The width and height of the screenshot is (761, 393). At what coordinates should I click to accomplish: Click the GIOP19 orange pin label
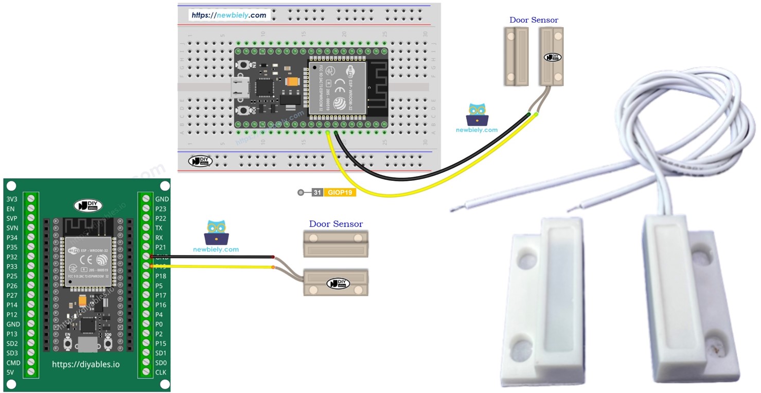click(x=340, y=193)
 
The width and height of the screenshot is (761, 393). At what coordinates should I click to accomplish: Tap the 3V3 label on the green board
click(x=12, y=199)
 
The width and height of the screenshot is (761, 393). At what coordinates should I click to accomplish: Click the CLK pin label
click(x=161, y=372)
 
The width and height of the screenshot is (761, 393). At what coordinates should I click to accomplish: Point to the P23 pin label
click(x=161, y=209)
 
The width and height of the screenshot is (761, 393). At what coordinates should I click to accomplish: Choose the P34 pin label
click(x=12, y=237)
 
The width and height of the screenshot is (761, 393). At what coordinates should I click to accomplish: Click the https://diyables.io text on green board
click(x=86, y=364)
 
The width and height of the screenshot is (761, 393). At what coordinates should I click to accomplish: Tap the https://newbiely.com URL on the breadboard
click(x=229, y=15)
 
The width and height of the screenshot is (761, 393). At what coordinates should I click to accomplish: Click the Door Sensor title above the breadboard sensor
click(x=534, y=20)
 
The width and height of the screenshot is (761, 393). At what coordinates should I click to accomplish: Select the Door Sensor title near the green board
click(x=335, y=224)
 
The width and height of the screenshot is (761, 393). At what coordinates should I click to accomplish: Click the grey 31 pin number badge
click(x=317, y=193)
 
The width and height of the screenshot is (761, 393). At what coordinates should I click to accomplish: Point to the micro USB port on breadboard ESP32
click(x=240, y=88)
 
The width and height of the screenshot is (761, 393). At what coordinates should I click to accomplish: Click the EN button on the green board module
click(x=67, y=342)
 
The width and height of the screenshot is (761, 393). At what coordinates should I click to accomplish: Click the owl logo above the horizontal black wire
click(x=216, y=232)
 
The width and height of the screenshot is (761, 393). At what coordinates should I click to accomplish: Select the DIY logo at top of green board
click(x=88, y=205)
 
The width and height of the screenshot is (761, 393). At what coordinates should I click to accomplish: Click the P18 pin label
click(x=161, y=276)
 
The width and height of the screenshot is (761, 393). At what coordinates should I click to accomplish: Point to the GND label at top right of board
click(x=162, y=199)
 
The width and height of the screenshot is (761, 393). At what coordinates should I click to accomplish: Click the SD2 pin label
click(x=12, y=344)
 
